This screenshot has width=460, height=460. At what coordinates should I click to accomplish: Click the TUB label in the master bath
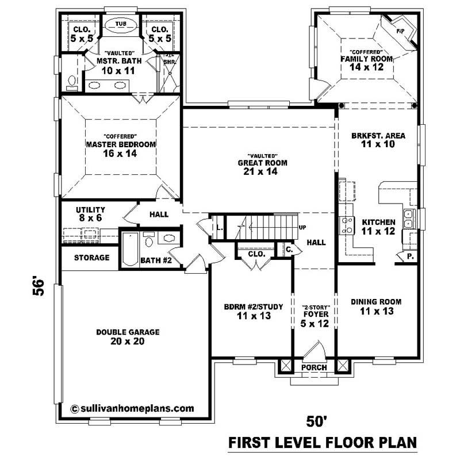[x=120, y=24]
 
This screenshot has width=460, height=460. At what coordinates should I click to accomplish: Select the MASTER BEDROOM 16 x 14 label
[x=120, y=149]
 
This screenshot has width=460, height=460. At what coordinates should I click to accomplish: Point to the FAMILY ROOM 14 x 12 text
[x=366, y=63]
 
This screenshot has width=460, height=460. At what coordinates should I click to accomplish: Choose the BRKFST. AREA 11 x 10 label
[x=378, y=140]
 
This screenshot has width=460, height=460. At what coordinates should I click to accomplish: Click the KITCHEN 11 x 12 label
[x=378, y=226]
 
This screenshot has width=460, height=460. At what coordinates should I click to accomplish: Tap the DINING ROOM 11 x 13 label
[x=376, y=306]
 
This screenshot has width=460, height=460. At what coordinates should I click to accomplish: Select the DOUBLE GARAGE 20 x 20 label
[x=128, y=336]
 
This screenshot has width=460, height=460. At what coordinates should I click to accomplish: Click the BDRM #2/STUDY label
[x=253, y=311]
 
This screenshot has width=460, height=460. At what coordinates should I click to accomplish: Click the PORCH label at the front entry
[x=314, y=367]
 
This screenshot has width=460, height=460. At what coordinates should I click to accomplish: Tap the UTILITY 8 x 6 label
[x=90, y=214]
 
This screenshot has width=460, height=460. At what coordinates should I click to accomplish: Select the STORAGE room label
[x=91, y=258]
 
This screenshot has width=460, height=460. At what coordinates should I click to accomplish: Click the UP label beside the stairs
[x=302, y=228]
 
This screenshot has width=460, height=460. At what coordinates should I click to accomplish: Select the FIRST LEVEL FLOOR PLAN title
[x=321, y=443]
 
